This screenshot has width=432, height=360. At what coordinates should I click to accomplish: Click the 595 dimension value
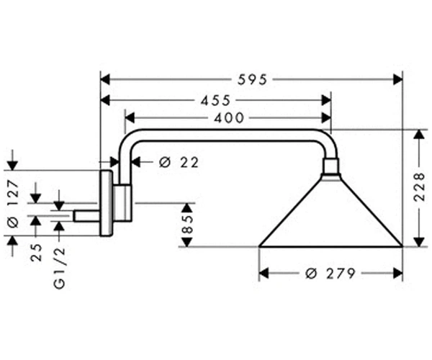click(253, 80)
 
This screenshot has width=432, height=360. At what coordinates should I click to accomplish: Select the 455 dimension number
click(215, 101)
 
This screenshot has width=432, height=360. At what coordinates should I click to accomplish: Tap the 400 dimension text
click(229, 118)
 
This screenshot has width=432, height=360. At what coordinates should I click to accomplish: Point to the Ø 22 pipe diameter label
click(179, 163)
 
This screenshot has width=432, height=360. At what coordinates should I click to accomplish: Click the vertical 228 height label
click(420, 187)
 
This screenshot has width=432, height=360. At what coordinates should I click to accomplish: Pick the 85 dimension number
click(187, 224)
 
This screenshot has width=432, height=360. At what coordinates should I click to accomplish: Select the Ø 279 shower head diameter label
click(330, 274)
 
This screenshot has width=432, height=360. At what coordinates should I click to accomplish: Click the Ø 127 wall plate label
click(13, 204)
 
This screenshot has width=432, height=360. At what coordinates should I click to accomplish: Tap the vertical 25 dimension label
click(36, 252)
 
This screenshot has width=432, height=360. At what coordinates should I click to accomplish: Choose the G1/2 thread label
click(60, 267)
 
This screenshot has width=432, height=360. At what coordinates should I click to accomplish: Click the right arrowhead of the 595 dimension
click(398, 80)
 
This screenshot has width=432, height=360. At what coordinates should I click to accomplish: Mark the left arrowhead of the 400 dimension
click(130, 118)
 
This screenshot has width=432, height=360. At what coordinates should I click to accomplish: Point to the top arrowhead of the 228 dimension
click(419, 134)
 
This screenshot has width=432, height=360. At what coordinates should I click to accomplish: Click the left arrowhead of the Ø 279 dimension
click(264, 274)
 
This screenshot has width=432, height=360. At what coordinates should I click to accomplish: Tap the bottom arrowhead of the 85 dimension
click(187, 242)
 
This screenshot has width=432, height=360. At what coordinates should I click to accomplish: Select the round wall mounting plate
click(107, 203)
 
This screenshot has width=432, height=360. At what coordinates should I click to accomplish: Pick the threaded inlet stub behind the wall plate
click(86, 216)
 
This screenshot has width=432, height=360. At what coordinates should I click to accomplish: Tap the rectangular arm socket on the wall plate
click(122, 202)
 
